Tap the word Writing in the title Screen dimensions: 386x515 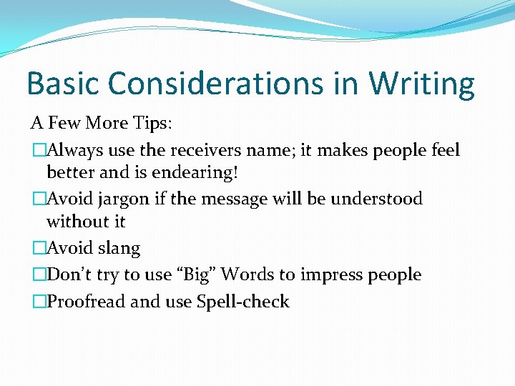coord(421,84)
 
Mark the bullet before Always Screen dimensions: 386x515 coord(37,150)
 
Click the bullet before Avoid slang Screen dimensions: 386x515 coord(37,248)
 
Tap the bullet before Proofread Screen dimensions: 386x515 coord(37,301)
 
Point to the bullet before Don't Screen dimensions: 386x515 coord(37,274)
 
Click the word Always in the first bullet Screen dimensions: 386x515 coord(72,150)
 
